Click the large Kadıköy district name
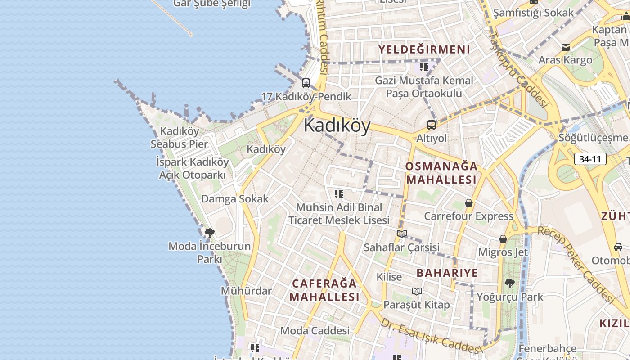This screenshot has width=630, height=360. pyautogui.click(x=337, y=126)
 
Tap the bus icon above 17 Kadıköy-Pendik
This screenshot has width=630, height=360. pyautogui.click(x=306, y=83)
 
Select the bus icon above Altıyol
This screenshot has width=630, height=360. pyautogui.click(x=432, y=125)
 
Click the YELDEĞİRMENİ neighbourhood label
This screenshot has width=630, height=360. pyautogui.click(x=424, y=49)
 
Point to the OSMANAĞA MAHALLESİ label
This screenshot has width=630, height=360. pyautogui.click(x=441, y=173)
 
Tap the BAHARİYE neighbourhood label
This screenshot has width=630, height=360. pyautogui.click(x=447, y=273)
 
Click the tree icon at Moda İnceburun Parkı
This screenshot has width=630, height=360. pyautogui.click(x=209, y=233)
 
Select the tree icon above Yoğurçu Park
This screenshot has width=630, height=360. pyautogui.click(x=509, y=283)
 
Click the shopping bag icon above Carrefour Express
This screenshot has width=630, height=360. pyautogui.click(x=469, y=203)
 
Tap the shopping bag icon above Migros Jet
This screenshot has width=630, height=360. pyautogui.click(x=503, y=239)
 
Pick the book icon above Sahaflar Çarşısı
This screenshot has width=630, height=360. pyautogui.click(x=402, y=234)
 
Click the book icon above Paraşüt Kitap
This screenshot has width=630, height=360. pyautogui.click(x=417, y=291)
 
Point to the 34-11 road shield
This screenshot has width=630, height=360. pyautogui.click(x=590, y=159)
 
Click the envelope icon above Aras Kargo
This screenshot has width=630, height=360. pyautogui.click(x=566, y=47)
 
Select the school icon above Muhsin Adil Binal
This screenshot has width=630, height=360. pyautogui.click(x=339, y=194)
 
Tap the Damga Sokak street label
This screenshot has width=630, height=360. pyautogui.click(x=235, y=199)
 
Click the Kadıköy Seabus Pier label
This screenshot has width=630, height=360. pyautogui.click(x=179, y=138)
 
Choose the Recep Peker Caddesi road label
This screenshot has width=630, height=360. pyautogui.click(x=576, y=265)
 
